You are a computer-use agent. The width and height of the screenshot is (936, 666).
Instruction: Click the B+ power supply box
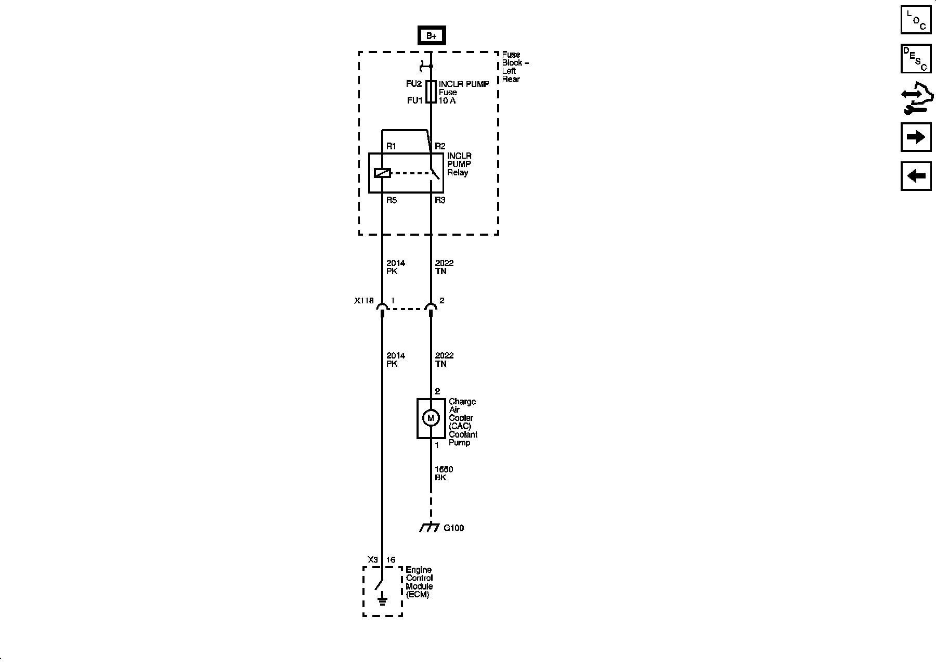coord(431,35)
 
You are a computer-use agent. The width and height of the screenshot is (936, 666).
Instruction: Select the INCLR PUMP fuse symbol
coord(431,92)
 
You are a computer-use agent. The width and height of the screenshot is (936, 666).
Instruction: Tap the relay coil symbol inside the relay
coord(382,173)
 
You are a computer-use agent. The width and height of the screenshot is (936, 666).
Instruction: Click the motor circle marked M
coord(431,418)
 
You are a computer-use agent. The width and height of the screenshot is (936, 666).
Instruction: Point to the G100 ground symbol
coord(430,528)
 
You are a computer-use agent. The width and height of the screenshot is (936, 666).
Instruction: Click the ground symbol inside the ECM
coord(382,601)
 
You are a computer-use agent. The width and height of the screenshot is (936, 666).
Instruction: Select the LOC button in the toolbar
coord(916,19)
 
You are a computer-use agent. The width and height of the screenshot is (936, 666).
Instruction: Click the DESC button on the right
coord(916,59)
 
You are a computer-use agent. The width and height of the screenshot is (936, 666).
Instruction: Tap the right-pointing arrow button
coord(916,137)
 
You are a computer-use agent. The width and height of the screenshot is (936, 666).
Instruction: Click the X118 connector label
coord(364,301)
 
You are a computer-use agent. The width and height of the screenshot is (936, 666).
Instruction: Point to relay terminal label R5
coord(391,200)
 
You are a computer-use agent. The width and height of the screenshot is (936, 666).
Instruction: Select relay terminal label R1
coord(391,147)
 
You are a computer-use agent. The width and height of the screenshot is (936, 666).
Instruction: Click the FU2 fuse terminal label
coord(414,84)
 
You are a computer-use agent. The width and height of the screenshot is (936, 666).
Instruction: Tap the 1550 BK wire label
coord(443,473)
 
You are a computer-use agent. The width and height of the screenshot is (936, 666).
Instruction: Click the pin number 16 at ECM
coord(391,560)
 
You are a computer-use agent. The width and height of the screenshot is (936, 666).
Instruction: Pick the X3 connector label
coord(372,560)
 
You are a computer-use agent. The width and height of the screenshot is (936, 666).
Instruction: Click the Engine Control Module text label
coord(419,582)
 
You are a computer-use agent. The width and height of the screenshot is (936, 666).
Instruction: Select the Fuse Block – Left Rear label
coord(515,67)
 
